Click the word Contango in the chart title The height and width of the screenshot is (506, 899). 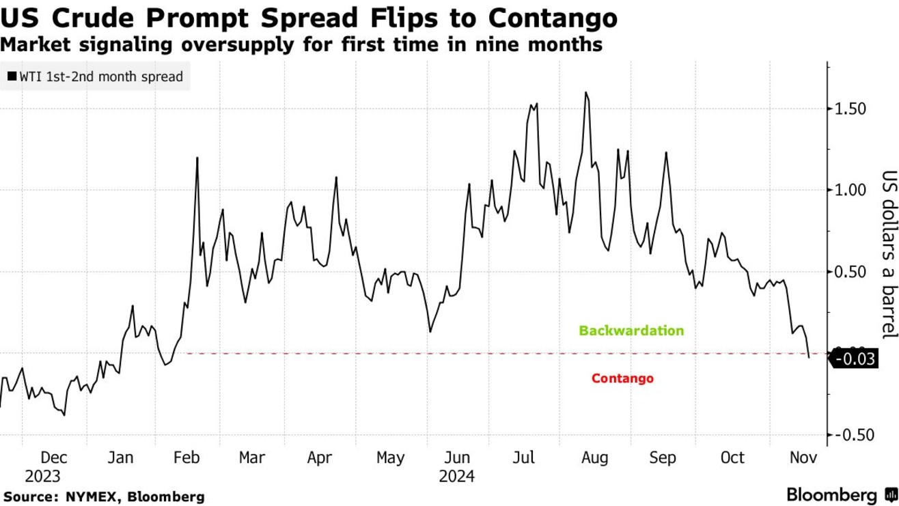[559, 18]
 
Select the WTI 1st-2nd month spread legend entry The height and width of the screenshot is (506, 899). [96, 76]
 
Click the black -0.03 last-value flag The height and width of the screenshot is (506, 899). [855, 359]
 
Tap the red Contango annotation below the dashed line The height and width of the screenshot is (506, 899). [622, 378]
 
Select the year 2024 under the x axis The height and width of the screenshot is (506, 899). [456, 475]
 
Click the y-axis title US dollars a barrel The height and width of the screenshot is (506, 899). [887, 254]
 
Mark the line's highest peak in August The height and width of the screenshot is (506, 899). [586, 92]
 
